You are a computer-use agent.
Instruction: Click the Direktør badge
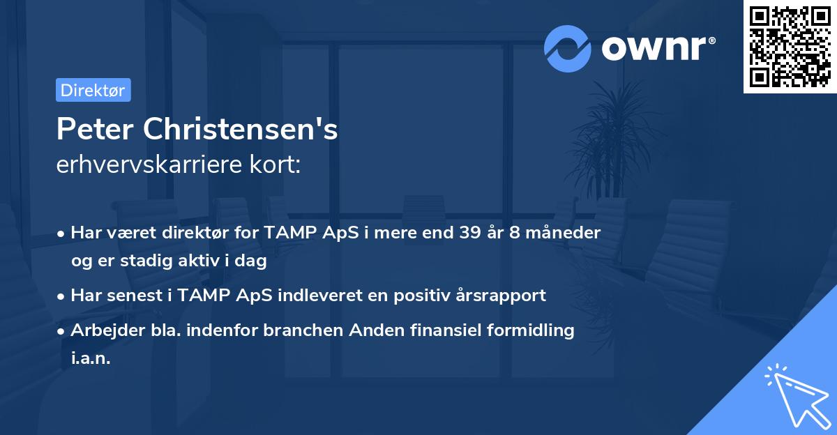click(x=93, y=90)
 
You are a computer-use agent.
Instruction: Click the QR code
click(x=790, y=47)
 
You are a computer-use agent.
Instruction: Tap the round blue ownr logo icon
click(x=568, y=49)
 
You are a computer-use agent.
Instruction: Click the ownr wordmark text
click(x=658, y=48)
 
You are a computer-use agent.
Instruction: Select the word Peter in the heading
click(x=95, y=129)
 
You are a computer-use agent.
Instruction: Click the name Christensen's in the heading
click(x=240, y=129)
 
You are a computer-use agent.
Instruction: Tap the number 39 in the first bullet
click(x=470, y=232)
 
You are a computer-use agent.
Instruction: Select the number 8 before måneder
click(x=515, y=232)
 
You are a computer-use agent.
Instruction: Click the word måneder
click(x=563, y=232)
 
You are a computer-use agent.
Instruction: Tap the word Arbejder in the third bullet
click(x=107, y=330)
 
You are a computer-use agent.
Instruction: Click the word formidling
click(x=531, y=330)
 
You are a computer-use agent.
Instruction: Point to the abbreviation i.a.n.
click(x=91, y=358)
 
